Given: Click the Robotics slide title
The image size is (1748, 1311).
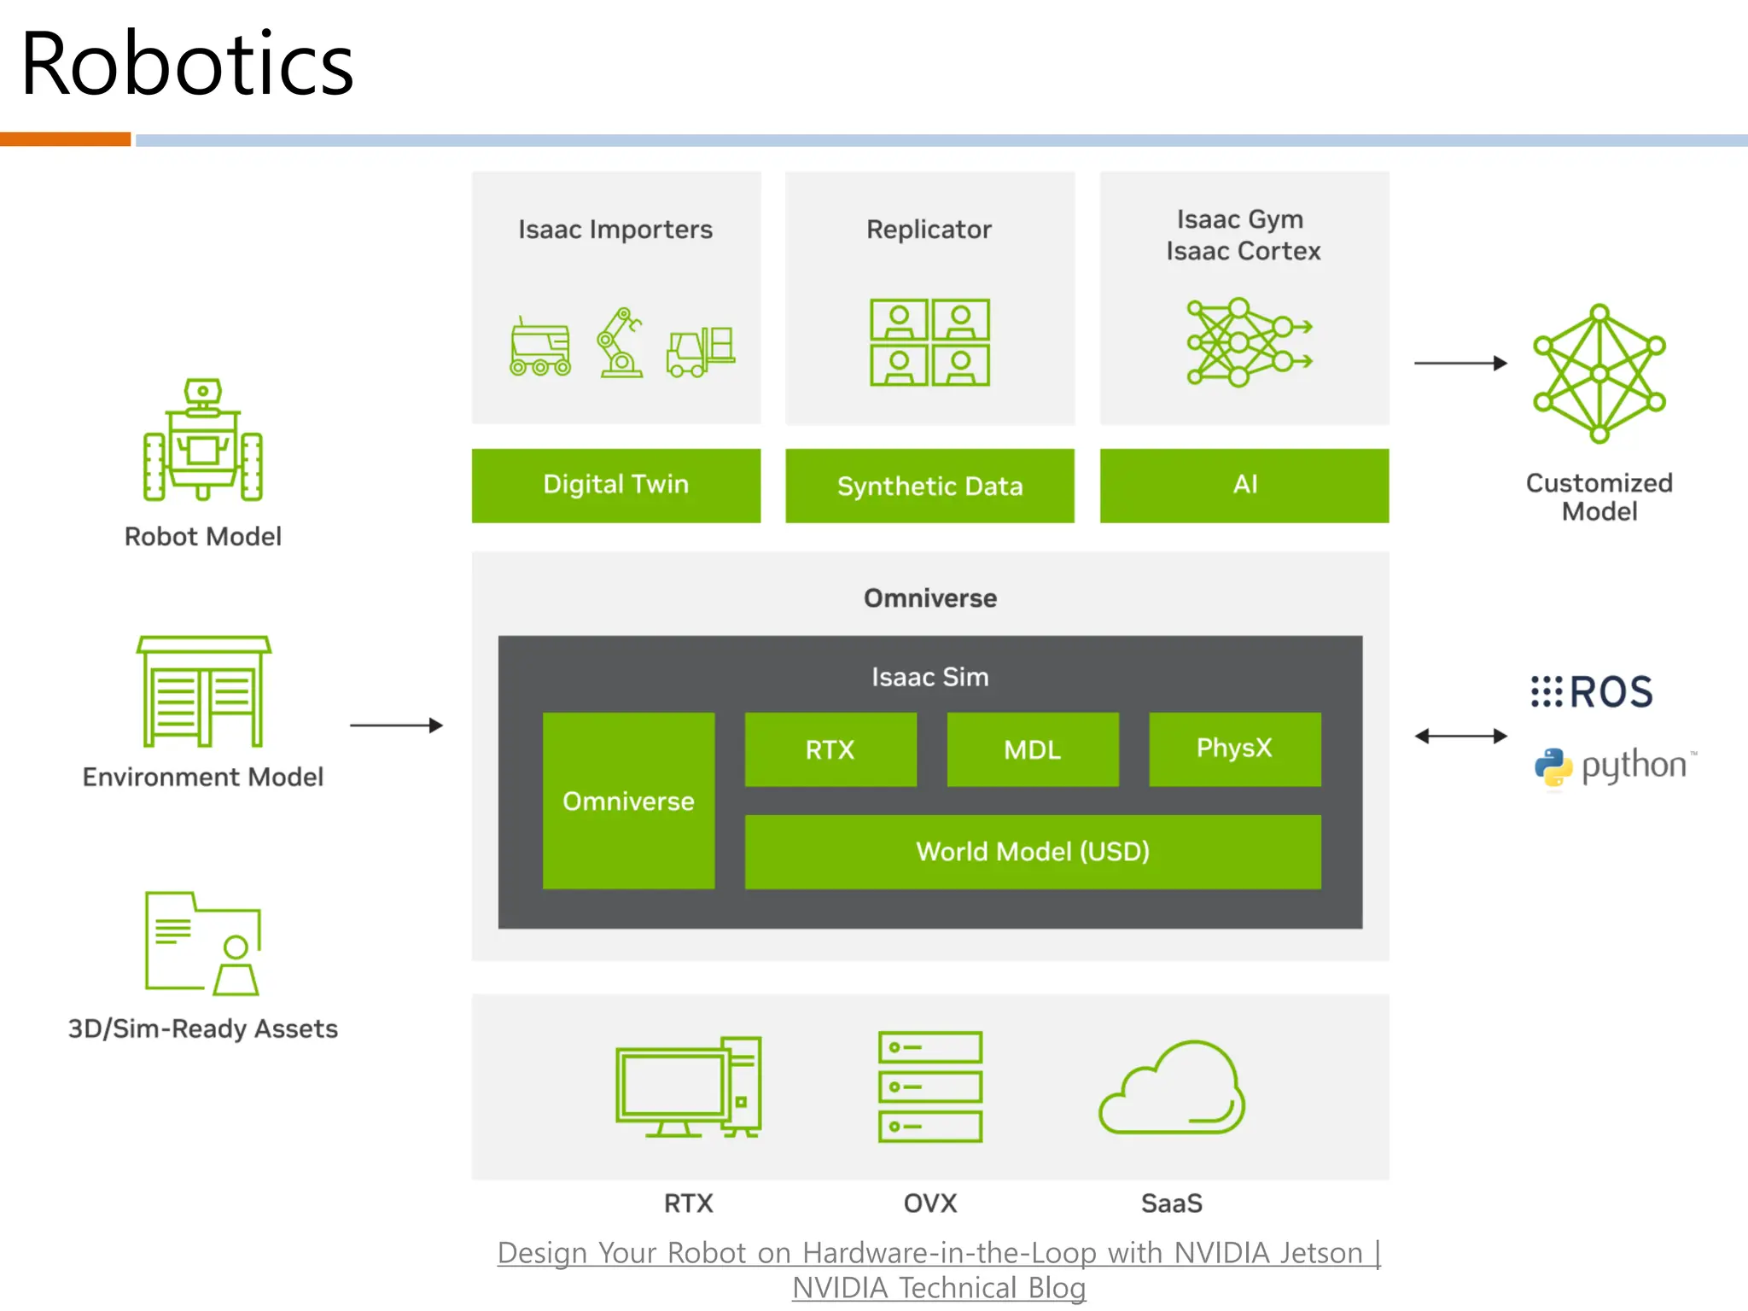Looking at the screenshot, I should click(x=186, y=64).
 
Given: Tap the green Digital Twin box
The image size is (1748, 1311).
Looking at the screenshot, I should click(x=615, y=485).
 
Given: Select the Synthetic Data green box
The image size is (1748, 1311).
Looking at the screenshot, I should click(x=929, y=486).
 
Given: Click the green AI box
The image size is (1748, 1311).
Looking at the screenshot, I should click(x=1244, y=485).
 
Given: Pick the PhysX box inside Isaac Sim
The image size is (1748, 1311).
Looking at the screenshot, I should click(x=1234, y=749).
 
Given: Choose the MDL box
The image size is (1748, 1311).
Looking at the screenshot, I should click(x=1032, y=749).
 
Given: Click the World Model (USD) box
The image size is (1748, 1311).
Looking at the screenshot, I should click(x=1032, y=851).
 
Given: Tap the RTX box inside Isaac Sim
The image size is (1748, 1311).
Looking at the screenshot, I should click(x=830, y=749).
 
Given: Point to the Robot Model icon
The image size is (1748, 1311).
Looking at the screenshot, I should click(x=203, y=440).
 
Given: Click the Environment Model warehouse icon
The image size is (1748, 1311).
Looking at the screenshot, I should click(x=203, y=691).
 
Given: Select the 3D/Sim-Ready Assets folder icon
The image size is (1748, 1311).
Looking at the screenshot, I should click(x=203, y=943).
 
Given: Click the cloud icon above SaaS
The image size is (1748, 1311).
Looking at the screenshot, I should click(x=1171, y=1087).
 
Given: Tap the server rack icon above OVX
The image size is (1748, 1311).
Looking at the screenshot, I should click(x=929, y=1087).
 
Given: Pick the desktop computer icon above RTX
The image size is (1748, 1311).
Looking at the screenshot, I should click(x=688, y=1087).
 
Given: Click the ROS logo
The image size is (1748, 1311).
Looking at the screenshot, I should click(x=1592, y=691).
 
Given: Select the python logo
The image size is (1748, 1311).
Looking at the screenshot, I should click(x=1613, y=766).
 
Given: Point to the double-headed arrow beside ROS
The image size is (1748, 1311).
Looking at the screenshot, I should click(x=1460, y=736).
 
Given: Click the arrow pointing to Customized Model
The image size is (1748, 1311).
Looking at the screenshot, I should click(x=1460, y=363).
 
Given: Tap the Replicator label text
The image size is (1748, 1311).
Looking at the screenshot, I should click(x=929, y=230).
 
